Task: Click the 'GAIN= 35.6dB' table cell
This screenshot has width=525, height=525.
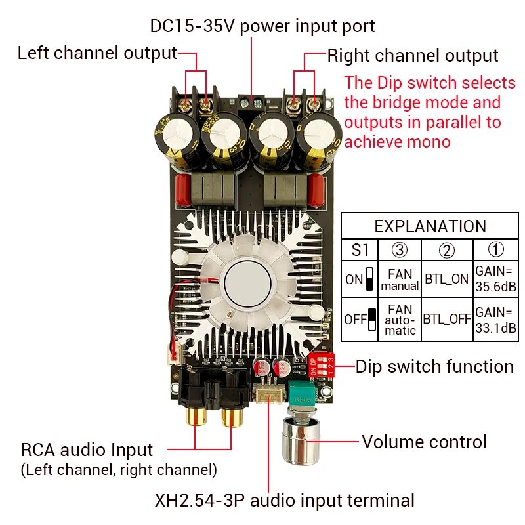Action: point(495,278)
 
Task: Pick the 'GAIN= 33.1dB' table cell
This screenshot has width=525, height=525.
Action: point(495,319)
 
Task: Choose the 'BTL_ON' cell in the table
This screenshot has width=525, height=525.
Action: point(446,279)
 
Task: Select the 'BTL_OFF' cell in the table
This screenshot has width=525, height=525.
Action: point(446,320)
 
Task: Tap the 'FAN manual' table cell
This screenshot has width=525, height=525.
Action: point(400,279)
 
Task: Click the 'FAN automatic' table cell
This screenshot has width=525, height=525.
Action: point(400,320)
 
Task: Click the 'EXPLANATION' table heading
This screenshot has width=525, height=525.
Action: point(430,226)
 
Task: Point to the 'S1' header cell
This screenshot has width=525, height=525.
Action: point(360,250)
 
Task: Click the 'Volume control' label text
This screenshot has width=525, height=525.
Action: point(424,442)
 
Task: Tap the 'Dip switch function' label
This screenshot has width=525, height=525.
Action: point(434,366)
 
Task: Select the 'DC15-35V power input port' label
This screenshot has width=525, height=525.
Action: point(262,26)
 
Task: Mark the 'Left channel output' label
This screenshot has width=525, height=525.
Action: point(97,52)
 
